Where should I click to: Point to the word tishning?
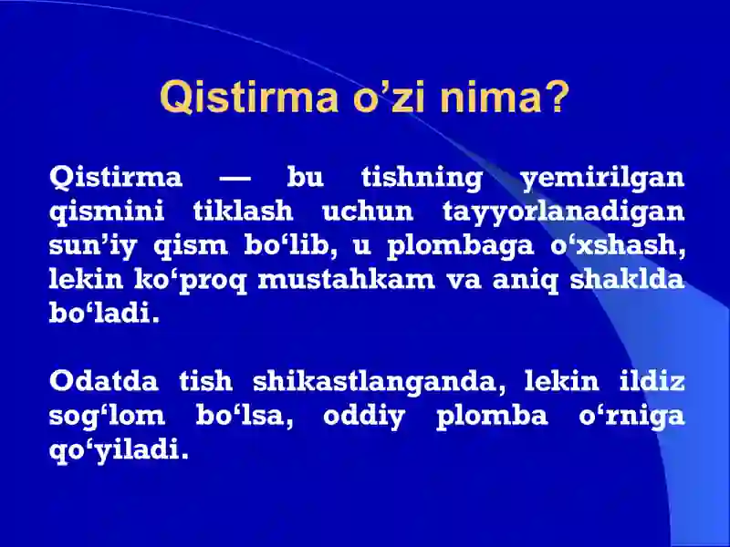coord(422,177)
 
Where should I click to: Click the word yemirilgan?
coord(602,179)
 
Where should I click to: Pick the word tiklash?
coord(243,212)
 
